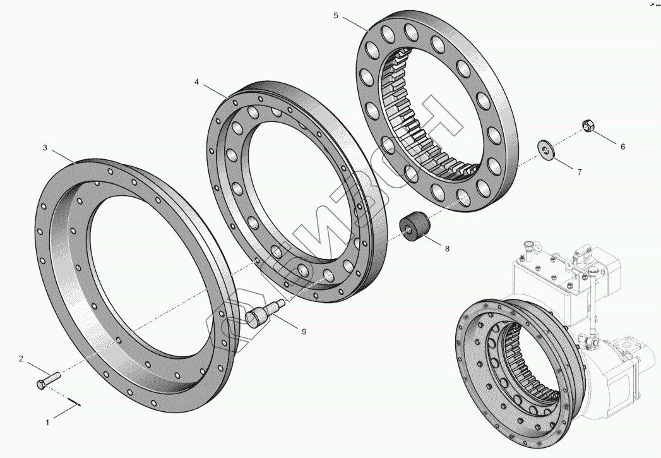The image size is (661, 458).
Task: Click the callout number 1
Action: tap(47, 422)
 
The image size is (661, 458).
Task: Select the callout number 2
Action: tap(21, 359)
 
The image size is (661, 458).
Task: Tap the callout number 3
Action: tap(45, 148)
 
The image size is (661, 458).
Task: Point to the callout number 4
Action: tap(197, 82)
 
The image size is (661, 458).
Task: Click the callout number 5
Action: tap(336, 16)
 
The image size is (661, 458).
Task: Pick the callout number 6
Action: tap(622, 147)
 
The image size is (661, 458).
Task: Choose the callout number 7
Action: tap(579, 172)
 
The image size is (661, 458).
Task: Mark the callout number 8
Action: tap(447, 248)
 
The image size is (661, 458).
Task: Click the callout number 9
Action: tap(304, 332)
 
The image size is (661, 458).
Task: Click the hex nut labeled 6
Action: tap(587, 125)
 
